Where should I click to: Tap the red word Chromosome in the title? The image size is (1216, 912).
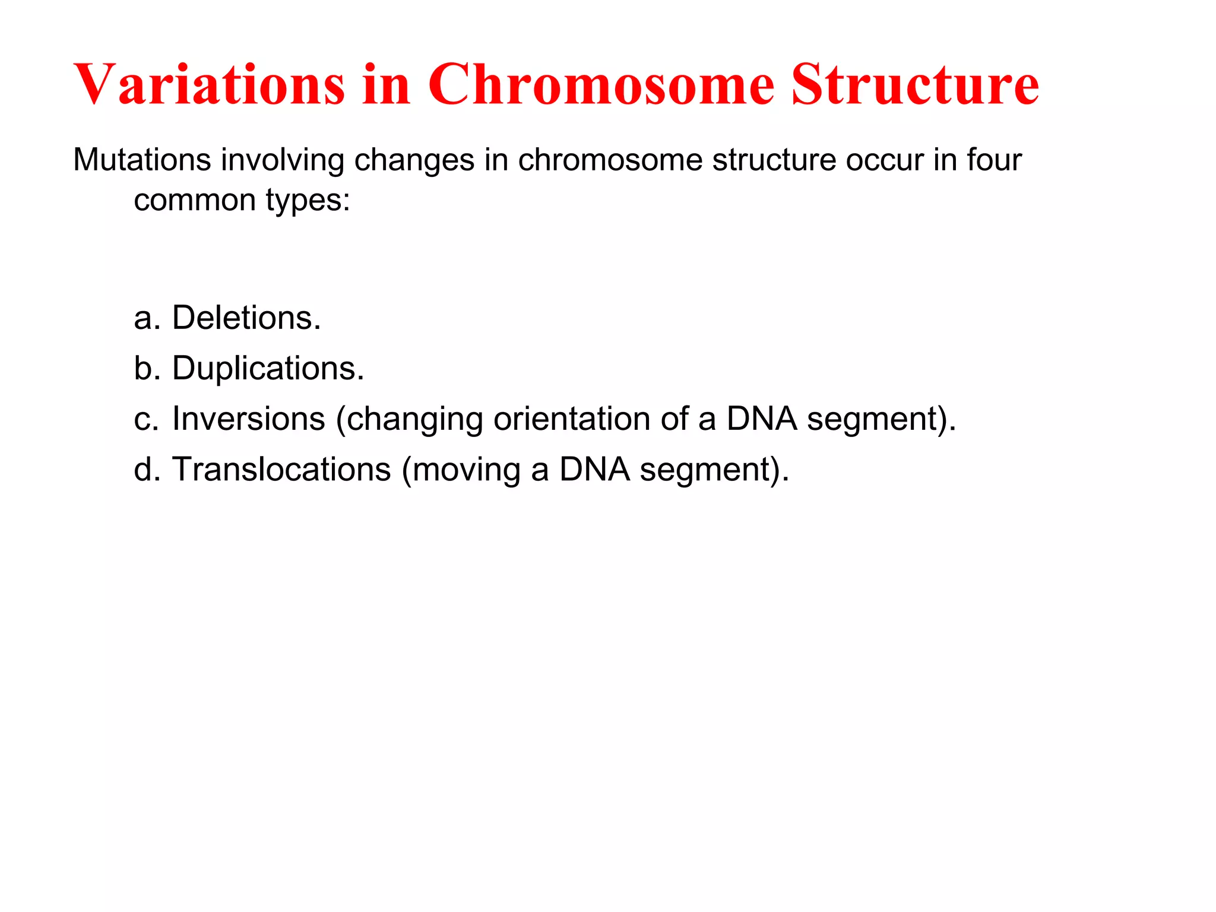pos(601,84)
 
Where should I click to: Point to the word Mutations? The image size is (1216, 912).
pos(142,160)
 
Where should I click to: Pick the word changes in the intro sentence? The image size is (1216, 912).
pos(414,161)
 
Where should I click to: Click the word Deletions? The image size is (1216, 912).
pos(246,318)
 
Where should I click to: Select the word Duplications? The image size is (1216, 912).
pos(268,369)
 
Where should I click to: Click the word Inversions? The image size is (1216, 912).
pos(248,419)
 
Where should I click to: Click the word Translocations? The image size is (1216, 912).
pos(281,470)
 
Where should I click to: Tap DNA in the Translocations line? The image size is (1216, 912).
pos(594,470)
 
